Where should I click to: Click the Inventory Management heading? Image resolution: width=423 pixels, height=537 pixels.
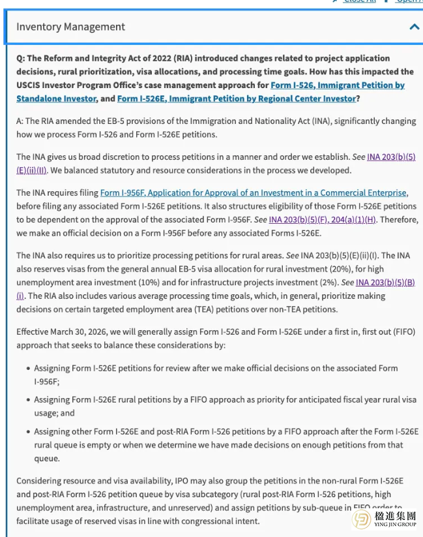click(70, 27)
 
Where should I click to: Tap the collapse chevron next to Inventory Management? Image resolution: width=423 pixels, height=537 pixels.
click(414, 27)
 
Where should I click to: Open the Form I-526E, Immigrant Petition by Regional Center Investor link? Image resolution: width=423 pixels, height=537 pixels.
click(237, 99)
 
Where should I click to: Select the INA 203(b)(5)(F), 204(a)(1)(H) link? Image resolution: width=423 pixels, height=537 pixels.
click(323, 219)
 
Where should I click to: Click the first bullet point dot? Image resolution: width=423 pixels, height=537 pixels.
click(27, 369)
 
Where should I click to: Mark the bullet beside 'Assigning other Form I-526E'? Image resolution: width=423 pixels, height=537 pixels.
click(27, 432)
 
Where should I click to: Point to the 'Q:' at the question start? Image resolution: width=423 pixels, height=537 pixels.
click(21, 58)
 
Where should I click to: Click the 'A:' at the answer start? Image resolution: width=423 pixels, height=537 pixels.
click(20, 121)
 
